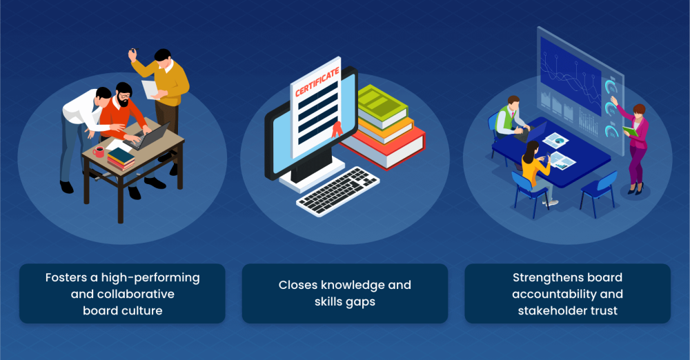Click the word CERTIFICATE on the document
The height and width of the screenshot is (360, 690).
tap(317, 82)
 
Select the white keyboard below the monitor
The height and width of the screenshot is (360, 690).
tap(338, 192)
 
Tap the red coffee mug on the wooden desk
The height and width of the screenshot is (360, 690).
tap(99, 152)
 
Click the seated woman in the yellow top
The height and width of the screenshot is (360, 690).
tap(537, 170)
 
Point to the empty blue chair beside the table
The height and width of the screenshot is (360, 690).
tap(598, 192)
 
